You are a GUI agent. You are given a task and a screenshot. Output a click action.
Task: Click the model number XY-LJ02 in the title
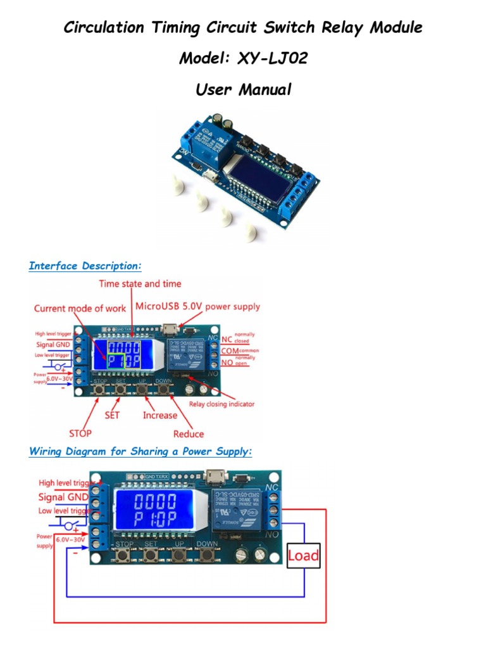pyautogui.click(x=273, y=59)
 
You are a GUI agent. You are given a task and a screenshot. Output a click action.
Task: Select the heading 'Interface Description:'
pyautogui.click(x=85, y=266)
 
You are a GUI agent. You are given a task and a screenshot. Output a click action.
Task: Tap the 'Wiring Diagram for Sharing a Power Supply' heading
pyautogui.click(x=140, y=451)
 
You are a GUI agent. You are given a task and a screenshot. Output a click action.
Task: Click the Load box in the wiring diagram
pyautogui.click(x=304, y=556)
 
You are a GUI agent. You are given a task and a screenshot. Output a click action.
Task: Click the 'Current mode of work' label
pyautogui.click(x=80, y=309)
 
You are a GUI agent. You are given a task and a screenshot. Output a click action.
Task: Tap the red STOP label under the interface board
pyautogui.click(x=80, y=434)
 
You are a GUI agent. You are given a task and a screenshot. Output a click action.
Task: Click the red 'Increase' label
pyautogui.click(x=160, y=415)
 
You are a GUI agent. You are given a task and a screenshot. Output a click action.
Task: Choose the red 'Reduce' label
pyautogui.click(x=189, y=434)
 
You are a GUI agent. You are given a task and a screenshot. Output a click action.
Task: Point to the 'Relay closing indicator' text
pyautogui.click(x=221, y=404)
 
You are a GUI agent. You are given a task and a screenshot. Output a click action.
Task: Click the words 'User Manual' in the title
pyautogui.click(x=244, y=89)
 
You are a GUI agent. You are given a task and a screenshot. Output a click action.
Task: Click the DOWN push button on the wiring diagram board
pyautogui.click(x=206, y=556)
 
